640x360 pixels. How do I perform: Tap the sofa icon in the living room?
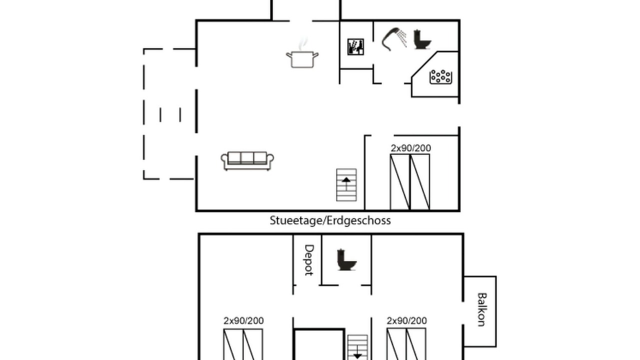coord(247,161)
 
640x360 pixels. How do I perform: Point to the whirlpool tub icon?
coord(441,77)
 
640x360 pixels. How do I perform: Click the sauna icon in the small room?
coord(355,47)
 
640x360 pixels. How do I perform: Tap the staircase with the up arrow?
coord(346,185)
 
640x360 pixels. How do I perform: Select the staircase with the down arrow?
coord(357,347)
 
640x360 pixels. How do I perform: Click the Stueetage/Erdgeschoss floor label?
coord(330,221)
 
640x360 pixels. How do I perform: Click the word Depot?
coord(309,260)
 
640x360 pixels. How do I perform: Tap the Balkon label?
coord(481,309)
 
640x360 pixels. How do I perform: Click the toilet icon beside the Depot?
coord(346,259)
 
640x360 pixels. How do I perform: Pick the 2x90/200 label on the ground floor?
coord(411,148)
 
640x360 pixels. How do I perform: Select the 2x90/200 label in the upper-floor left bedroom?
coord(243,321)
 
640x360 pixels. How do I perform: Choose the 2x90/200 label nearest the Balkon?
coord(407,320)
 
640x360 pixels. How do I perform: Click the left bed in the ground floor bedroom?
coord(400,182)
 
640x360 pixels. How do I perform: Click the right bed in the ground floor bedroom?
coord(420,182)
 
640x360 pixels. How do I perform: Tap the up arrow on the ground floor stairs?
coord(346,183)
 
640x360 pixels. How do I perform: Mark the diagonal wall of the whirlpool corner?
coord(424,64)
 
